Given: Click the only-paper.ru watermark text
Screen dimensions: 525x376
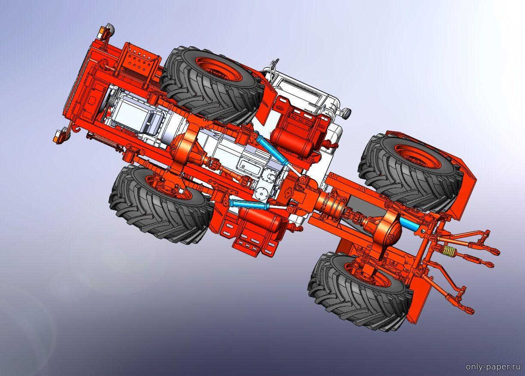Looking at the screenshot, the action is point(494,367).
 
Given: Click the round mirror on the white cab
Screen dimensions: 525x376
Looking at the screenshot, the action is point(346,113).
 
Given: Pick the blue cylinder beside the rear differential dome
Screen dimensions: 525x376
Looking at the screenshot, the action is point(410,224).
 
